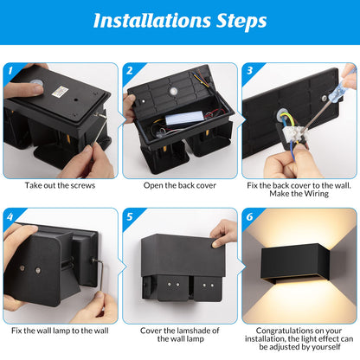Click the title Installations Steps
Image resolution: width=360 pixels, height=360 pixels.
(180, 20)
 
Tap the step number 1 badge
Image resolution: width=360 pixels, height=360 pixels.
(10, 71)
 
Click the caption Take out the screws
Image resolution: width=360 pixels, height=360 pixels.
(60, 185)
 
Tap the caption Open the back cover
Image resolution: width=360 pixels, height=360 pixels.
(179, 185)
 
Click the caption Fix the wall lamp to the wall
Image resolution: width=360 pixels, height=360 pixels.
(60, 330)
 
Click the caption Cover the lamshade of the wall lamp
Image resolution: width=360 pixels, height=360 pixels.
(179, 335)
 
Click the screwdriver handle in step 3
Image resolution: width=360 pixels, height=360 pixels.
(348, 82)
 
